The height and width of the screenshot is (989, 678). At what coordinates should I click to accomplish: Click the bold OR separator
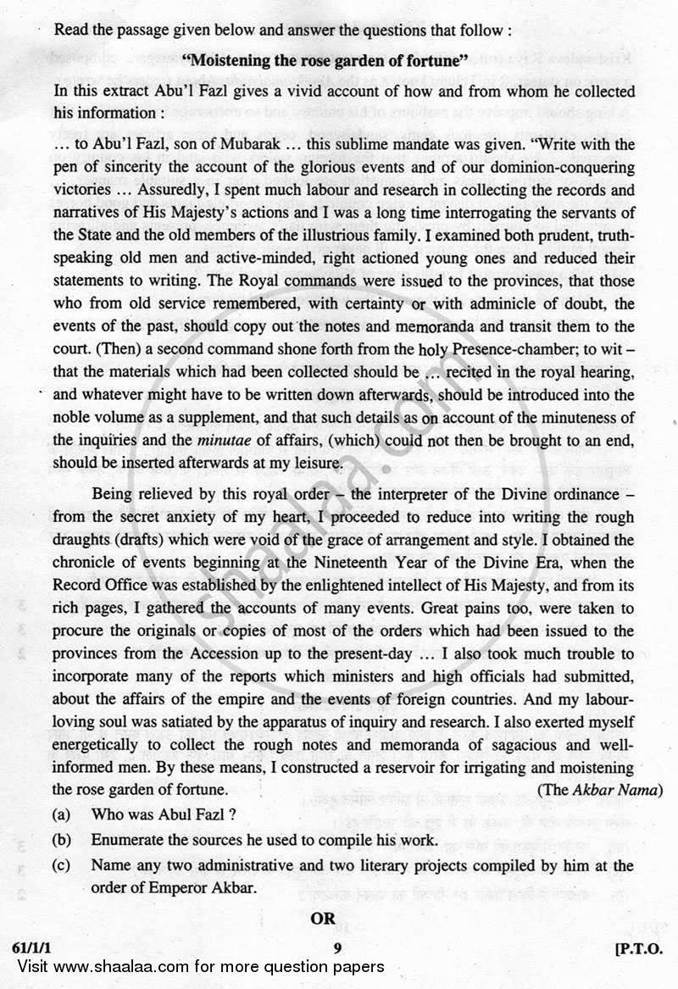pyautogui.click(x=322, y=918)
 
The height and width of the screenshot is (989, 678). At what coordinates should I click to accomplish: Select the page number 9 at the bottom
pyautogui.click(x=337, y=949)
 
